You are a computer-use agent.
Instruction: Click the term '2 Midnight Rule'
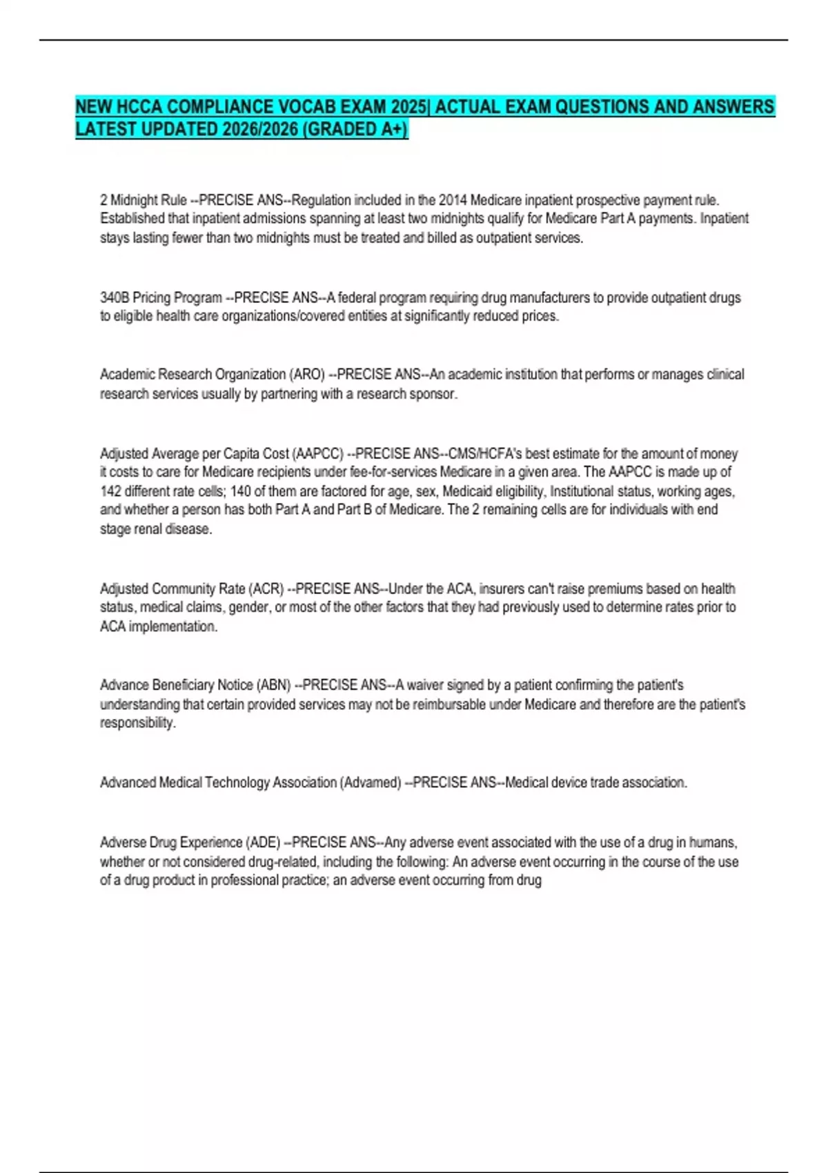(144, 200)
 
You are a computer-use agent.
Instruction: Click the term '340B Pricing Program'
(161, 298)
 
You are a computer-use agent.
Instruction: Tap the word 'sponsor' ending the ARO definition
(435, 394)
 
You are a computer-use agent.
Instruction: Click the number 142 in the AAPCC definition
(111, 491)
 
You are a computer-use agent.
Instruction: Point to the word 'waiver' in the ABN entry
(425, 685)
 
